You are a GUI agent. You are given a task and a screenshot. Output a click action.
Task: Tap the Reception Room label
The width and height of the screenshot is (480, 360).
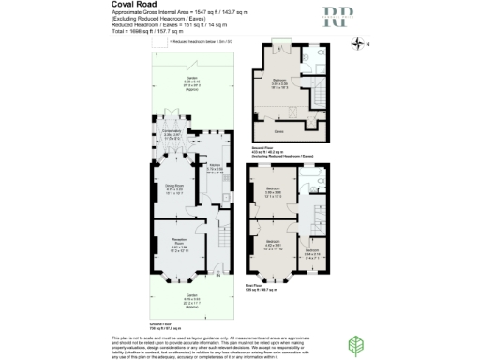point(178,246)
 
